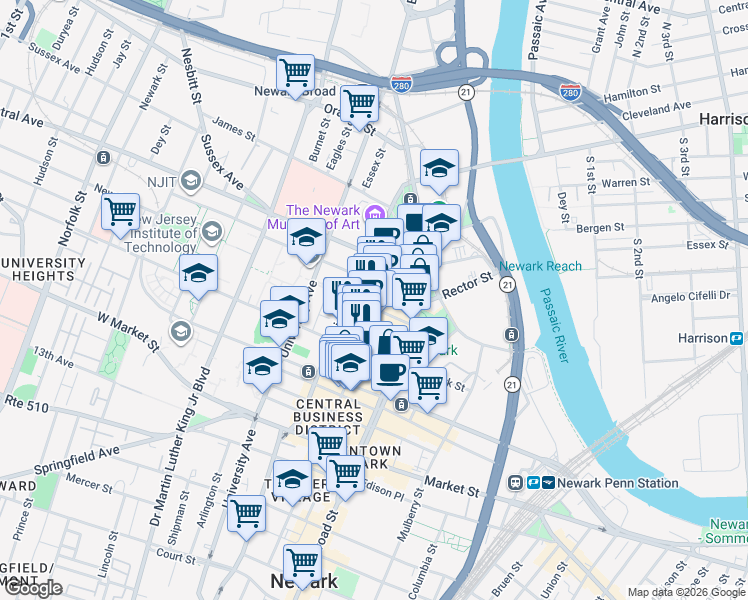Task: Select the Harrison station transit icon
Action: pyautogui.click(x=736, y=339)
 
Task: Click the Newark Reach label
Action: pyautogui.click(x=540, y=267)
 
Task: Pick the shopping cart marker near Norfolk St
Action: pyautogui.click(x=120, y=212)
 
